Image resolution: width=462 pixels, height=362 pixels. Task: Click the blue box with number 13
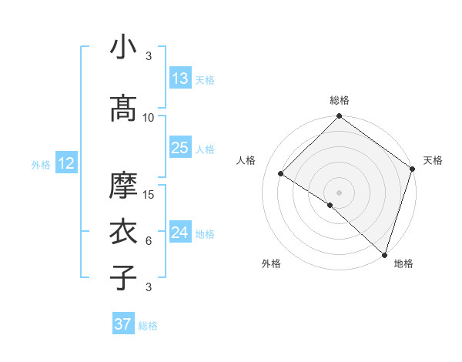[180, 79]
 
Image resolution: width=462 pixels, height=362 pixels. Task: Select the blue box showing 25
[180, 148]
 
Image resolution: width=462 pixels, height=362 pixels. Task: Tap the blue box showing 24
[180, 233]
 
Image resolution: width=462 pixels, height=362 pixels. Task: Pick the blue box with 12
[65, 163]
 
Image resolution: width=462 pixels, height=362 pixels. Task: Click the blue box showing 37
[123, 324]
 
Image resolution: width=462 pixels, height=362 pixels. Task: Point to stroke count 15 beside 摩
[149, 195]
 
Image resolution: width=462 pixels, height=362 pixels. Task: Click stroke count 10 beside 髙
[149, 118]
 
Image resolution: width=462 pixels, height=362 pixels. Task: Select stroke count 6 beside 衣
[149, 241]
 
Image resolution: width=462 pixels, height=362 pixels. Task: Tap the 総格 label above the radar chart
[339, 100]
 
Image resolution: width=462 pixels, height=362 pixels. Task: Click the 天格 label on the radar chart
[433, 160]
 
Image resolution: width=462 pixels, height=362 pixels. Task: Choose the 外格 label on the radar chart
[271, 263]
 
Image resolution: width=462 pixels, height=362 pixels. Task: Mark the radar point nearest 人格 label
[281, 173]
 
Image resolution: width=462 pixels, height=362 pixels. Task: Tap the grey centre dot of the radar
[339, 192]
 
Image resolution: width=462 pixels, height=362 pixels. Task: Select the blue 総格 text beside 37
[148, 326]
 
